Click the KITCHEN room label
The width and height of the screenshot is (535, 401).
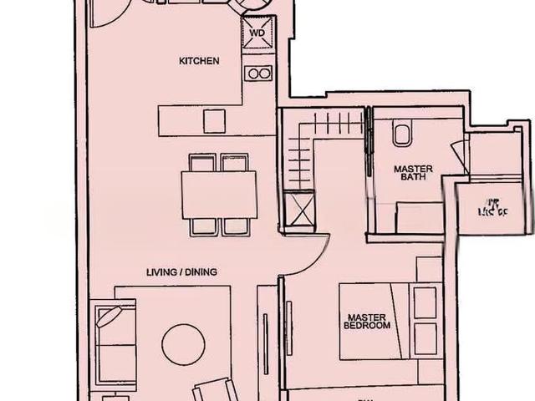[x=199, y=61]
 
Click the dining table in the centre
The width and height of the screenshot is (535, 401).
[x=219, y=194]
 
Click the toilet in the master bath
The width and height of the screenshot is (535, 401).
[x=402, y=132]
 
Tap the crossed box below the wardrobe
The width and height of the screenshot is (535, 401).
[x=298, y=209]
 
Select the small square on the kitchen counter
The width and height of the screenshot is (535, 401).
[x=214, y=122]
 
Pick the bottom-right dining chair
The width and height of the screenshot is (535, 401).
[x=236, y=226]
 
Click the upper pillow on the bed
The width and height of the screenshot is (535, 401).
[x=425, y=302]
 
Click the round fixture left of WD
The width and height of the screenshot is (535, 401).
[x=253, y=8]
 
